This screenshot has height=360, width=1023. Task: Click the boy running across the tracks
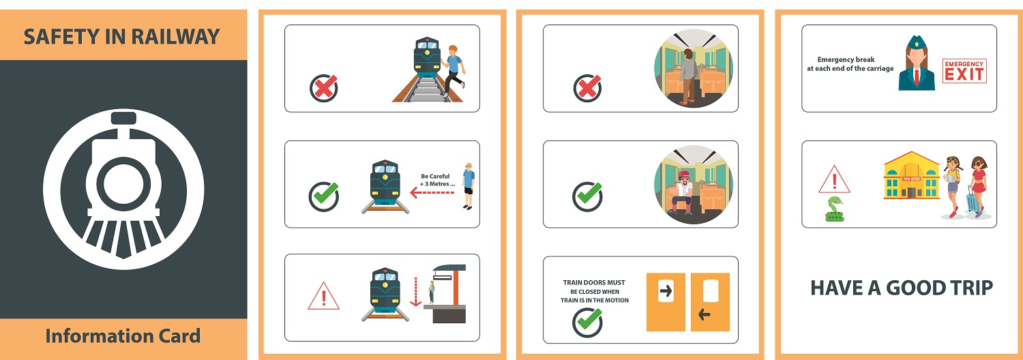(453, 70)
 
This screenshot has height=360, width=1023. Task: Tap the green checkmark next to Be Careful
(324, 196)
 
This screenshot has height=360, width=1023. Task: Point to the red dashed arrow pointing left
(432, 193)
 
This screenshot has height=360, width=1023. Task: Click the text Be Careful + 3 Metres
(437, 180)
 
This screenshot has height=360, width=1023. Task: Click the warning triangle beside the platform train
(323, 297)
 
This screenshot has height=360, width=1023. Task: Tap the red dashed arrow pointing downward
(415, 291)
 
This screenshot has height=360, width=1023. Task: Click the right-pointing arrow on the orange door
(666, 290)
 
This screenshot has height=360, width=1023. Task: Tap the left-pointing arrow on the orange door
(705, 314)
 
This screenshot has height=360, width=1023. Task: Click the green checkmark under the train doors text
(587, 322)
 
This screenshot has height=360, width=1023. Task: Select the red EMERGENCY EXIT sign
(964, 71)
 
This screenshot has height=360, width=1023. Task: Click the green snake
(834, 210)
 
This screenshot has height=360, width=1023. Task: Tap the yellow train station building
(912, 175)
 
